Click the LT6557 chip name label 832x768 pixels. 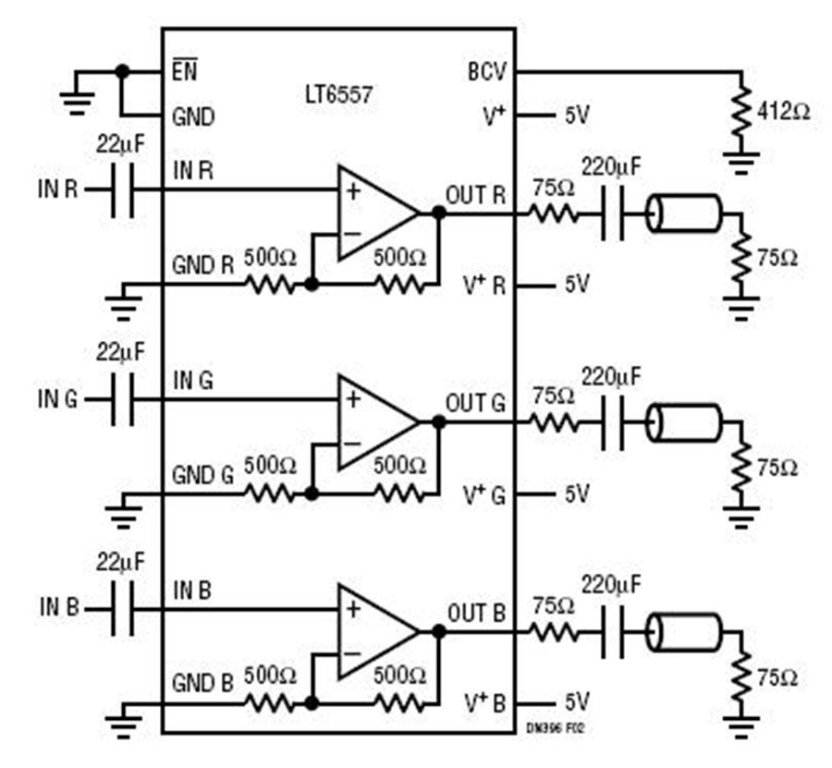click(338, 95)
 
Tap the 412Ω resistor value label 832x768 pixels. click(783, 112)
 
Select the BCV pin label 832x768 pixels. click(487, 71)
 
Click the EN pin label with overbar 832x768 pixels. click(184, 69)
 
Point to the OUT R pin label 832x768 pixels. click(475, 195)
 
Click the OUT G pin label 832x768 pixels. click(475, 404)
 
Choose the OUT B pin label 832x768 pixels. click(476, 613)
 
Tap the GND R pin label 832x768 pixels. click(202, 265)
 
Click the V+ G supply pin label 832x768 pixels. click(484, 495)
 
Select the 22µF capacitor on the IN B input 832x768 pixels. click(123, 609)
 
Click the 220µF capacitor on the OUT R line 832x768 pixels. click(612, 213)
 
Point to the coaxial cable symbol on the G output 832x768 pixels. click(683, 422)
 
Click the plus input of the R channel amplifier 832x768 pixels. click(353, 190)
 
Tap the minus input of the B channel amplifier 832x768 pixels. click(352, 652)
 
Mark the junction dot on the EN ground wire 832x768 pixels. click(122, 71)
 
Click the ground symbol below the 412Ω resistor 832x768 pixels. click(740, 163)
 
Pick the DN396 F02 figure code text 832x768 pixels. click(555, 729)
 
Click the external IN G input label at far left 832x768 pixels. click(58, 399)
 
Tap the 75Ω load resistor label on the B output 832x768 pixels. click(777, 677)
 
